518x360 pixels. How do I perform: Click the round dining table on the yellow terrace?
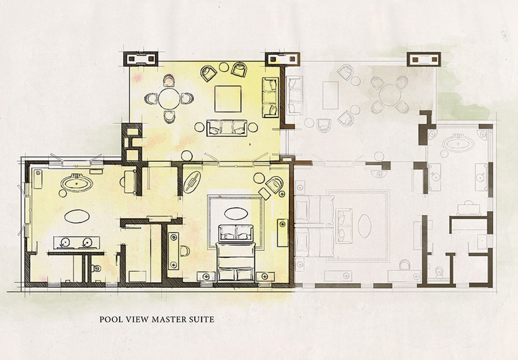tap(169, 99)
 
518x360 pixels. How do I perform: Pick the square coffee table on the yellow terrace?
tap(228, 99)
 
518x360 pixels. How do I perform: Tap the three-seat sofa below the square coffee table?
tap(227, 128)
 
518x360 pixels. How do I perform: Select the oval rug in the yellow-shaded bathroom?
tap(77, 216)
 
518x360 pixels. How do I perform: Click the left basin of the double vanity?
tap(65, 243)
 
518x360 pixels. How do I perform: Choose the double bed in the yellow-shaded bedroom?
tap(236, 261)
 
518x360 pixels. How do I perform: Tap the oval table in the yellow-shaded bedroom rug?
tap(236, 213)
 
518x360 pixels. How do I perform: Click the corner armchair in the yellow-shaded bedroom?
tap(275, 184)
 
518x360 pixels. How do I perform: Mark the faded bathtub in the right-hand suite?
tap(458, 143)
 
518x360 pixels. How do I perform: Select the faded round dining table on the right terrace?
tap(390, 94)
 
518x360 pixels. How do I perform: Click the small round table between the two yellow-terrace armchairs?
tap(224, 67)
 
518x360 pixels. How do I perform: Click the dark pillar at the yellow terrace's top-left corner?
tap(141, 59)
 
